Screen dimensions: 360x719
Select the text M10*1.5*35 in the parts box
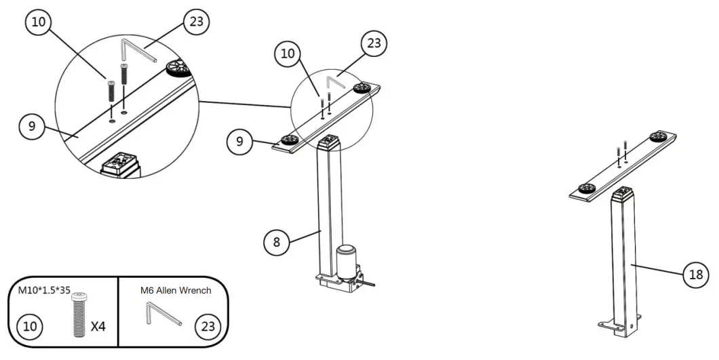pos(45,291)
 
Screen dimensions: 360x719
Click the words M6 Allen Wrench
pos(176,291)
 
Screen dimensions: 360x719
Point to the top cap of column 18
pos(623,195)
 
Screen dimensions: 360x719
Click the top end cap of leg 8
pos(331,142)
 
